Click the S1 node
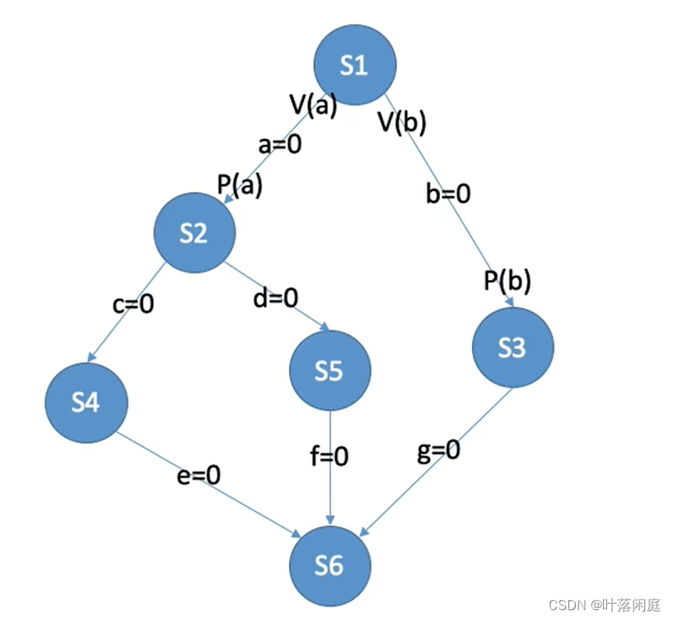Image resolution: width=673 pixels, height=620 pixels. [355, 65]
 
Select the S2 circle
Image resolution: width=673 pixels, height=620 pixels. [194, 234]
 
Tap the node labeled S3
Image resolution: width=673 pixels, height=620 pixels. [512, 348]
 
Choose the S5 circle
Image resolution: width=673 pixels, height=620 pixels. [329, 371]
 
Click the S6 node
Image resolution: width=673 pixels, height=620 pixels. [329, 566]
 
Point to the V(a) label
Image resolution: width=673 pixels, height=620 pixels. [313, 105]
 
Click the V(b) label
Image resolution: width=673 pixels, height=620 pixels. [402, 123]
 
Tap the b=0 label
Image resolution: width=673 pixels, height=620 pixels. [448, 193]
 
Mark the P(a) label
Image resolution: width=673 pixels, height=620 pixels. [240, 185]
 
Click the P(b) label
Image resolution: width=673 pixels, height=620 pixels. [507, 282]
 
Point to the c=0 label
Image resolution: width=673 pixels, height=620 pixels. [133, 304]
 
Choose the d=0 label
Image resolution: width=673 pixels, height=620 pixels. [276, 297]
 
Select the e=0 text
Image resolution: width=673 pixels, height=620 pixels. [199, 475]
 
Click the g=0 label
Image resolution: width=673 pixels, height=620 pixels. [438, 450]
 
